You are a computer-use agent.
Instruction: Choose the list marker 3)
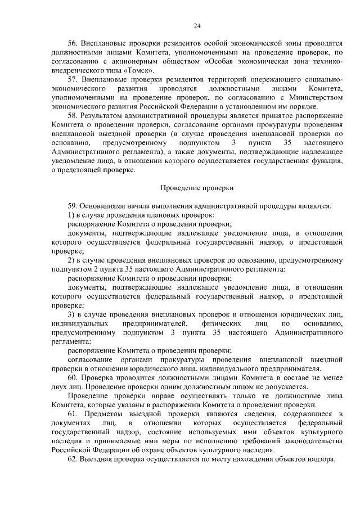coord(71,314)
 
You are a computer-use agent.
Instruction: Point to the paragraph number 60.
coord(73,377)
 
